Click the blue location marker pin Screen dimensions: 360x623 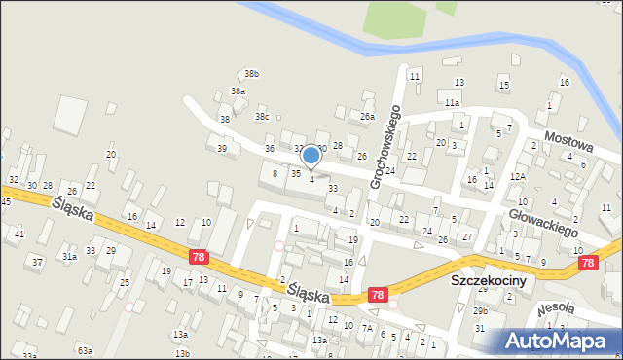(x=311, y=156)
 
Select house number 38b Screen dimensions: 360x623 (x=252, y=74)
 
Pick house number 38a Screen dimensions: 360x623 (x=238, y=91)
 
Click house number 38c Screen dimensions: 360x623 (x=262, y=117)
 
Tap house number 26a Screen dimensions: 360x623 (x=367, y=117)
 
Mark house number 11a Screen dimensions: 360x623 (x=451, y=102)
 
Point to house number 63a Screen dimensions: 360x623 (x=85, y=349)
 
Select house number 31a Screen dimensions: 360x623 (x=70, y=257)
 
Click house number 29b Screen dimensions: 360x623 (x=480, y=310)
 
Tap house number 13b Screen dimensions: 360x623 (x=182, y=352)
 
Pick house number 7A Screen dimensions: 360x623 (x=367, y=328)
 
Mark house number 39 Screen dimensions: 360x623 (x=222, y=148)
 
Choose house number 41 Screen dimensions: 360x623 (x=19, y=234)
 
